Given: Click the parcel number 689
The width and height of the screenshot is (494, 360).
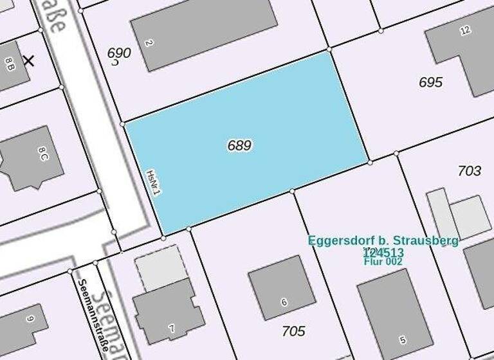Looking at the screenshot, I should [239, 145].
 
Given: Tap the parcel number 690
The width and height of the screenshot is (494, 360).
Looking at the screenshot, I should [119, 53].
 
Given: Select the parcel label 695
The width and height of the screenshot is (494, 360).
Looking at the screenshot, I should [430, 82].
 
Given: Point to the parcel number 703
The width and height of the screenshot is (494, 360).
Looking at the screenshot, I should [469, 170].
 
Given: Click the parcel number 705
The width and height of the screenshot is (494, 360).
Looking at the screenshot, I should [293, 331].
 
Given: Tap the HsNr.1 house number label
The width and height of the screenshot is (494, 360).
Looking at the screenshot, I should [153, 183].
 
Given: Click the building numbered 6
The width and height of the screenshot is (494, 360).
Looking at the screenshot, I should [282, 287].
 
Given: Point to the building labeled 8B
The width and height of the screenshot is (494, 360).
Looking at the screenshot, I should [9, 64].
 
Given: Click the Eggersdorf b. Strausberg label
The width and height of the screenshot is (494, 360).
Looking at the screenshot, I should [383, 240].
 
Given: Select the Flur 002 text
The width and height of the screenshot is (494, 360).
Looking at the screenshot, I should [383, 262].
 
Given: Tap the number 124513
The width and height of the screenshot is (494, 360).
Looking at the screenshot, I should [383, 252].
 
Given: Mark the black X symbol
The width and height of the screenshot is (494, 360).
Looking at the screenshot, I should [28, 61].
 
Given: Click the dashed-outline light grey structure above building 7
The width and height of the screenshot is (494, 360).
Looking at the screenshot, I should [160, 266].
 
